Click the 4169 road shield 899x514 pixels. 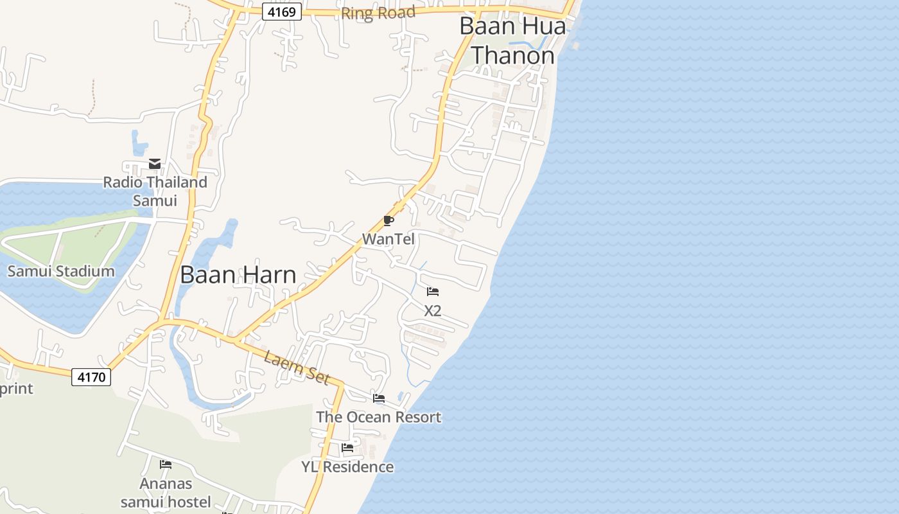click(282, 12)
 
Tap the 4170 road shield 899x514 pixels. click(91, 377)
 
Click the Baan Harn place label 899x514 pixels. click(238, 275)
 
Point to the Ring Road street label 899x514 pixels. click(378, 13)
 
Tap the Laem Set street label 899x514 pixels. click(297, 368)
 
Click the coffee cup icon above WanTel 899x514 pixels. click(388, 221)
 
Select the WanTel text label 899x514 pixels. click(388, 239)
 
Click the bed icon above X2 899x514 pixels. click(433, 292)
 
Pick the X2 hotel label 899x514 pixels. click(433, 310)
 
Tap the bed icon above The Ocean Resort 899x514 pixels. click(379, 398)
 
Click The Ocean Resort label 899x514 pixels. click(379, 417)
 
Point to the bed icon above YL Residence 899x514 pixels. click(347, 448)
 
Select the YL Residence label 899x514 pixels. click(347, 466)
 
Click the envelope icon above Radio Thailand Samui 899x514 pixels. click(155, 164)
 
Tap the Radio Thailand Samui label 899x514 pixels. click(155, 191)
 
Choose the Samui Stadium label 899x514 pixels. click(61, 270)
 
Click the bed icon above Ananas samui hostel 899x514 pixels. click(166, 464)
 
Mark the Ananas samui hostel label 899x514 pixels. click(166, 492)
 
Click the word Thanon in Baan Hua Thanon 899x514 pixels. click(513, 56)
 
